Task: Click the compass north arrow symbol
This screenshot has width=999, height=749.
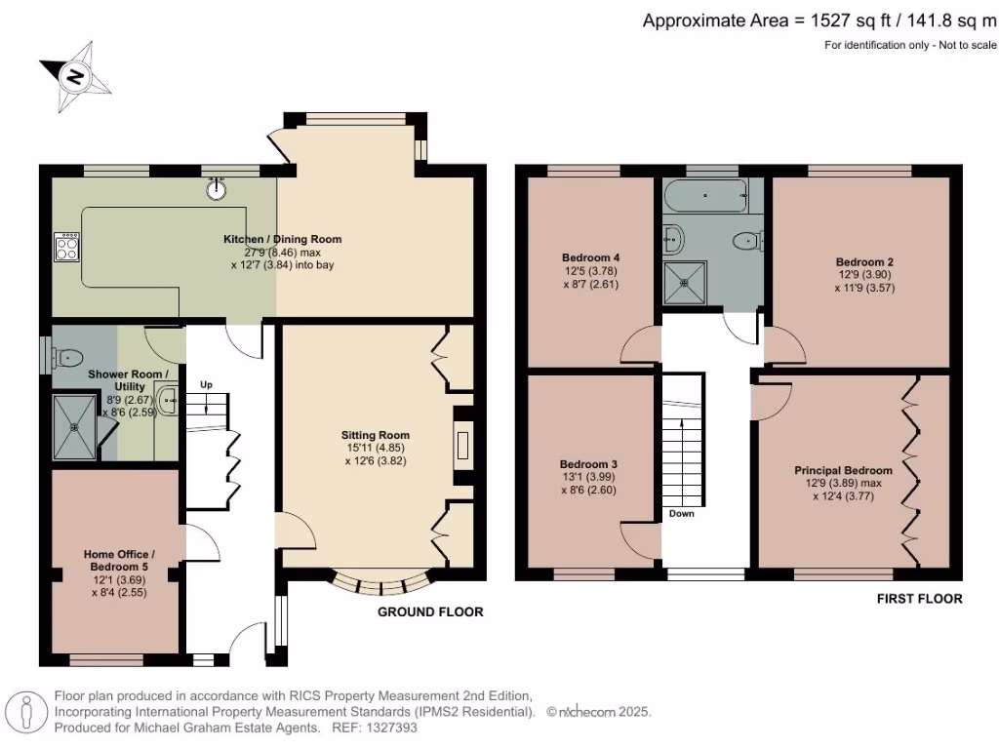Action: point(76,77)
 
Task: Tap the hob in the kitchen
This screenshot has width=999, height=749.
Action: point(67,247)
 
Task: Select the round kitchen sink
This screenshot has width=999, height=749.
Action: point(218,188)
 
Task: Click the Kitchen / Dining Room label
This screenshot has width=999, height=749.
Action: point(282,240)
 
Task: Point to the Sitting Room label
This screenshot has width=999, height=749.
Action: point(376,435)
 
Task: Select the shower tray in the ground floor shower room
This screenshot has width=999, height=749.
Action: point(75,427)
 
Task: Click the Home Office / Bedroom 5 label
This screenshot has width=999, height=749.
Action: point(119,561)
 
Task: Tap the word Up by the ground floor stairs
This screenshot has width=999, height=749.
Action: point(206,384)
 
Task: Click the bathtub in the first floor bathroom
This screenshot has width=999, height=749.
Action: point(705,195)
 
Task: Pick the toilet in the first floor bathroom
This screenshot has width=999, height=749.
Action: point(748,242)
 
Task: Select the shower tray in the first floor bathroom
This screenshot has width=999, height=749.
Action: point(686,283)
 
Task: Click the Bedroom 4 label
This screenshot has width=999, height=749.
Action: point(590,257)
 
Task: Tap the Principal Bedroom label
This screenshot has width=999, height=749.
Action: point(843,471)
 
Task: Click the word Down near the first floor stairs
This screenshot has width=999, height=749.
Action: point(682,513)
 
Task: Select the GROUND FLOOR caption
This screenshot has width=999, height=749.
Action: point(430,612)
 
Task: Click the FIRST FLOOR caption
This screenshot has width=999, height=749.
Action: point(919,599)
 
